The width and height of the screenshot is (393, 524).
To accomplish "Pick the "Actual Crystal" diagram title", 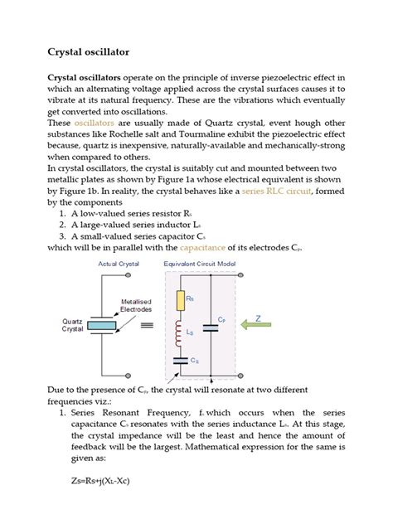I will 119,264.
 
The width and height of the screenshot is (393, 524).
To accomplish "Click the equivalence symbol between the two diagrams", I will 147,326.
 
